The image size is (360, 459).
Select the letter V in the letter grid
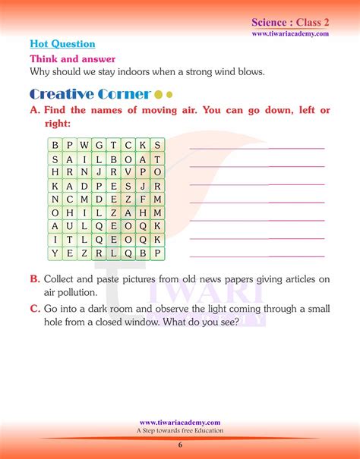[127, 172]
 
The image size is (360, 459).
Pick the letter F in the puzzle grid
[142, 199]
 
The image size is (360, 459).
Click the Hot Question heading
[62, 45]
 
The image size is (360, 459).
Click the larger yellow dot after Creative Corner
[158, 96]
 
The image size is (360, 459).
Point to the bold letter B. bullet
[34, 279]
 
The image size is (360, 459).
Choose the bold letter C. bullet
[34, 308]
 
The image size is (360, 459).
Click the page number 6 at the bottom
[180, 445]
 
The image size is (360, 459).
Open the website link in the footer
[180, 423]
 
